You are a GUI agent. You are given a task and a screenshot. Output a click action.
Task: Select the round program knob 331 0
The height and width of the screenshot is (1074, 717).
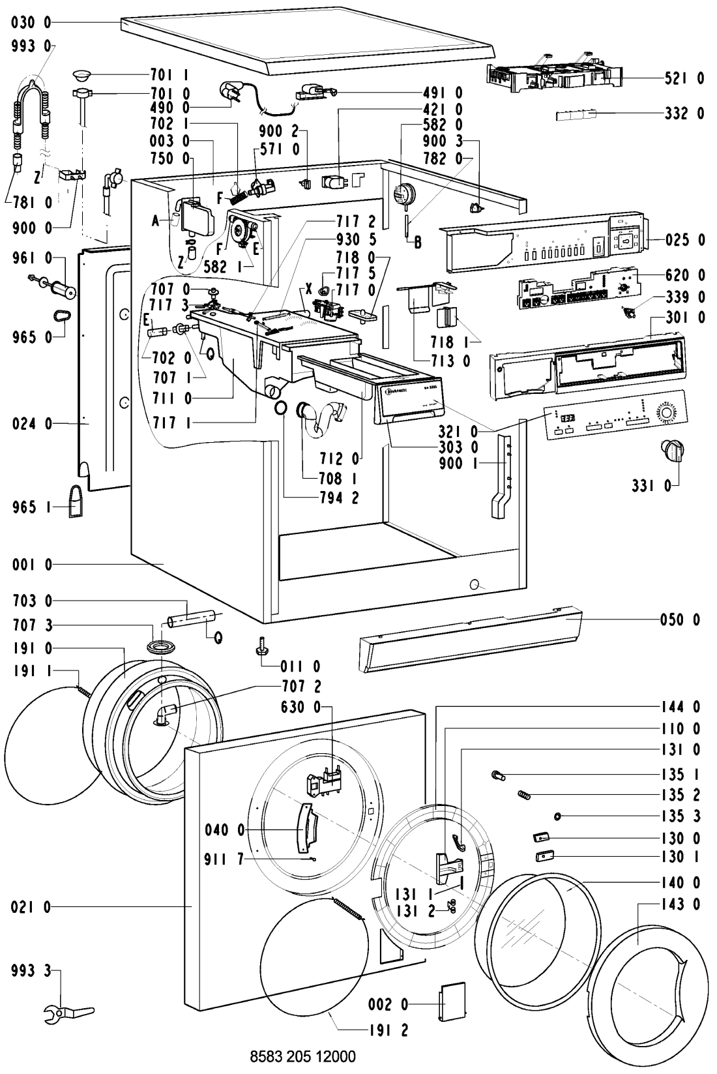(x=671, y=449)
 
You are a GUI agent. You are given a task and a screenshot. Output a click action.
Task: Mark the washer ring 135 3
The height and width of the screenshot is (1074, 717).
(x=558, y=816)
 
